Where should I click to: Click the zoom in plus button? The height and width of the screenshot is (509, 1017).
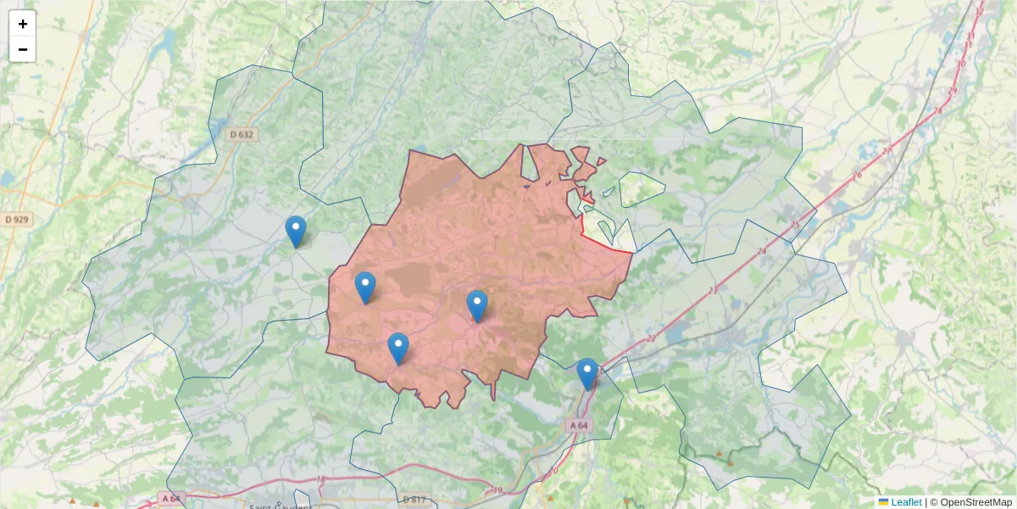point(23,24)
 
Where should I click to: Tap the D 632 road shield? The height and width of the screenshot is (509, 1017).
point(242,134)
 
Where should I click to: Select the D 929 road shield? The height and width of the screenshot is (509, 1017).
point(15,220)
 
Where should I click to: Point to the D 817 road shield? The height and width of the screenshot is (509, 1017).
point(415,498)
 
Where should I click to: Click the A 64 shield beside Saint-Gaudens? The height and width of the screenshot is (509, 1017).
point(170,498)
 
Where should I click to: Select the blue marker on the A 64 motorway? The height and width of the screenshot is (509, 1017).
point(586,374)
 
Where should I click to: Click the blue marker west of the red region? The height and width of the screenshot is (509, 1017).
point(296,232)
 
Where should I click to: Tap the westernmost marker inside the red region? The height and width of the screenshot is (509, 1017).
point(365,288)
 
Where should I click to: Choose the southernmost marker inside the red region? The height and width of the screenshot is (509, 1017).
point(398,349)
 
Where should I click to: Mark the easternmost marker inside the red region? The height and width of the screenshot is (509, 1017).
point(477,306)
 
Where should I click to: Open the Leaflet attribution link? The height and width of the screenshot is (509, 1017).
point(906,502)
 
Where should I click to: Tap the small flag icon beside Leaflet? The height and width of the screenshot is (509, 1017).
point(883,502)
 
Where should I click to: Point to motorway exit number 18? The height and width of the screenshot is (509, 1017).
point(321,480)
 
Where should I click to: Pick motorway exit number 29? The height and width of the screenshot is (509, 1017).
point(953,91)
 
